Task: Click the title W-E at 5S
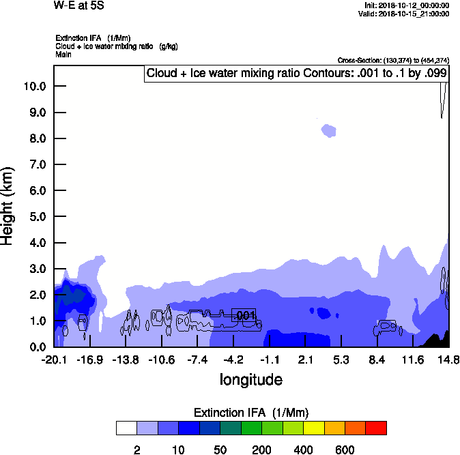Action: (x=78, y=5)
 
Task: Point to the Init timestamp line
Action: (x=407, y=5)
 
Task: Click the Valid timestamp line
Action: (x=408, y=14)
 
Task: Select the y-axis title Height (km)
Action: (x=8, y=205)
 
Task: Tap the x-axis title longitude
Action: (x=250, y=379)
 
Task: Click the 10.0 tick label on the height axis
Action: (x=34, y=86)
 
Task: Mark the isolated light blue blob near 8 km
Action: (x=329, y=130)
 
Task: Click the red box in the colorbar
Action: (x=375, y=428)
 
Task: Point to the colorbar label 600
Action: (x=345, y=450)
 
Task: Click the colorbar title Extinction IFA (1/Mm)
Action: (x=250, y=413)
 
